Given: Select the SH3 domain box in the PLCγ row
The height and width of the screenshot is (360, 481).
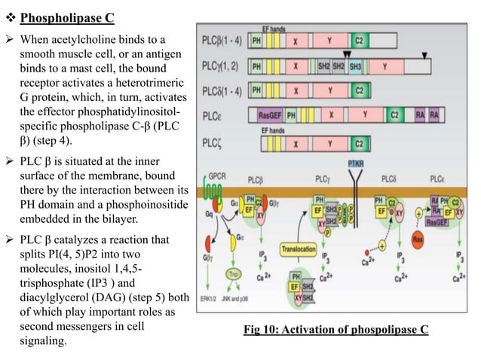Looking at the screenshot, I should coord(355,66).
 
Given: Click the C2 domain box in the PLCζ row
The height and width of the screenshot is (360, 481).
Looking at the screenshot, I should coord(359,143).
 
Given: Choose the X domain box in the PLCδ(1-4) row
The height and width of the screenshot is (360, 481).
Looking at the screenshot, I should coord(296,90).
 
